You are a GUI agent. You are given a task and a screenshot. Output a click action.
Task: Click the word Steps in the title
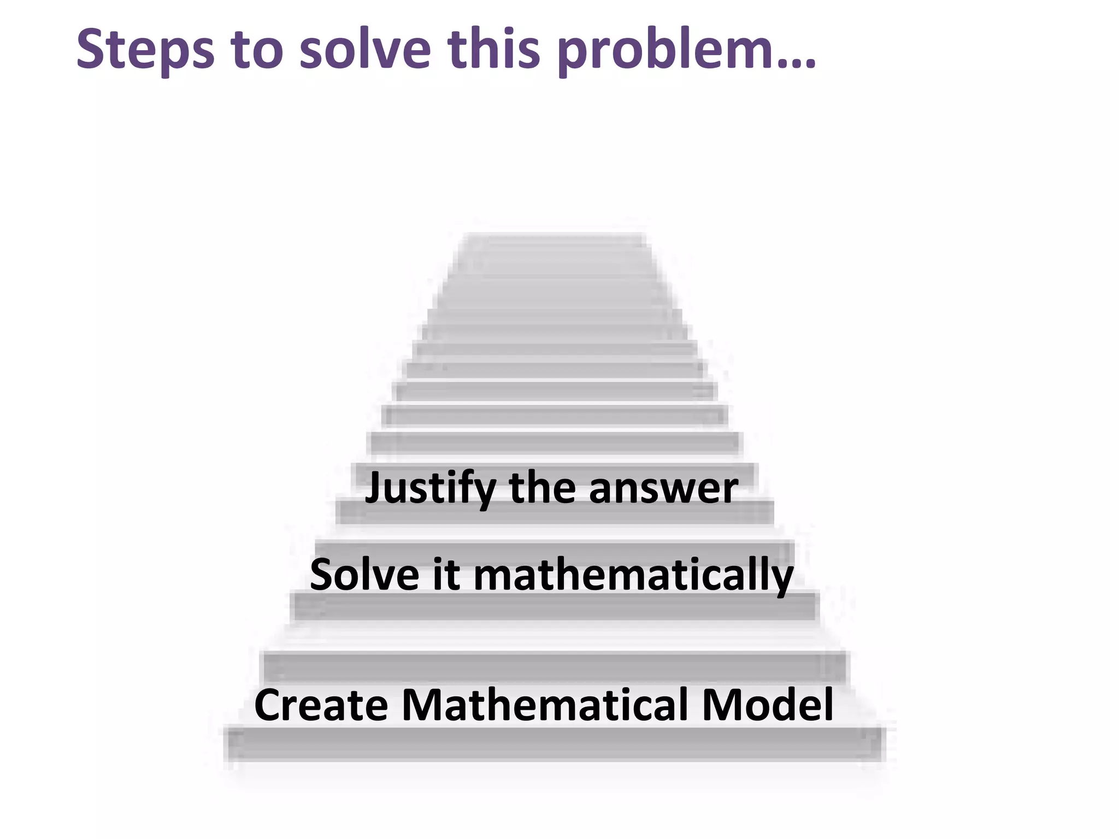click(x=145, y=50)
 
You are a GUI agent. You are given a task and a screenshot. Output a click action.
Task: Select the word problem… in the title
click(x=686, y=50)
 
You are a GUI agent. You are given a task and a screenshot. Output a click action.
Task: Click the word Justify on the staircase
click(x=430, y=488)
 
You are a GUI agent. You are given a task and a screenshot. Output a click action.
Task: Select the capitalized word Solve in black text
click(x=364, y=575)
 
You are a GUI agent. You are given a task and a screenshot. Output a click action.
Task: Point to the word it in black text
click(x=446, y=575)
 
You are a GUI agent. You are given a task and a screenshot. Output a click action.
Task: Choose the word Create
click(x=321, y=705)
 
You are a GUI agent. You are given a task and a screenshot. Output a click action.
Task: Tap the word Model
click(x=768, y=705)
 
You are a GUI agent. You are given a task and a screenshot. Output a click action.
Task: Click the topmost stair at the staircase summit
click(x=555, y=239)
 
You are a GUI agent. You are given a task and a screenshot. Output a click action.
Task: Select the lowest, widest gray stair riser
click(x=555, y=744)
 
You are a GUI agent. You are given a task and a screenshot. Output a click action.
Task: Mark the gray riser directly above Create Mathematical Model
click(x=555, y=667)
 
